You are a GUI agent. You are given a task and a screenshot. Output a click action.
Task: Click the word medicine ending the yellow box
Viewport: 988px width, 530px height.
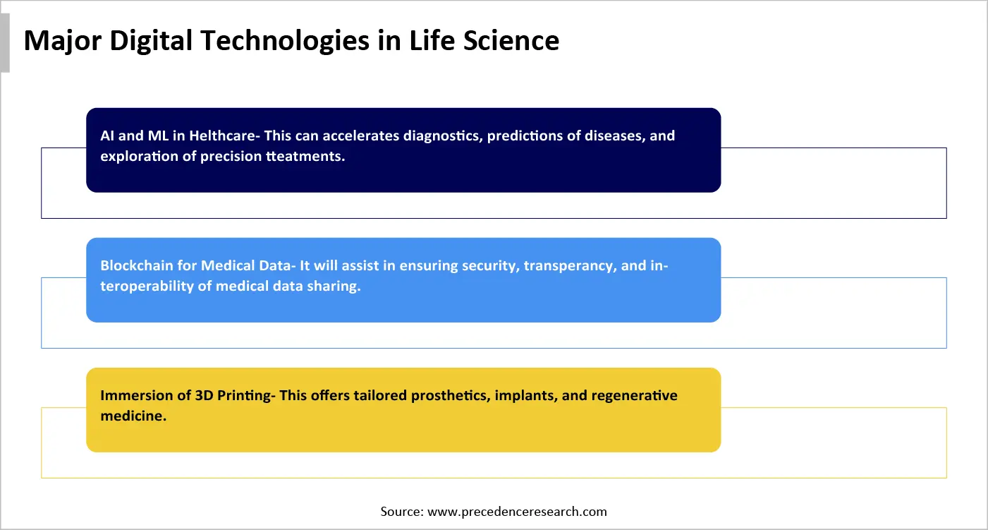point(133,416)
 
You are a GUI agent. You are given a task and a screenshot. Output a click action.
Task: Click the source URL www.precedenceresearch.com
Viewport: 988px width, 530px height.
point(516,512)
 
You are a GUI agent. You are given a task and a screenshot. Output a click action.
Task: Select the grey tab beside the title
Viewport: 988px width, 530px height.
point(5,42)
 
